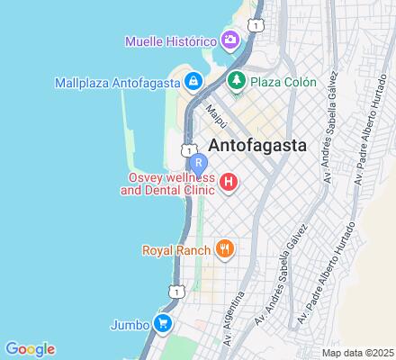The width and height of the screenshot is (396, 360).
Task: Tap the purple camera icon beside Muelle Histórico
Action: click(x=230, y=40)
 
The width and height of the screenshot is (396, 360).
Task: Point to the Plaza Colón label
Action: click(x=283, y=82)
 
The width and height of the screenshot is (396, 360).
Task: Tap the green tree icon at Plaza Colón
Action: click(x=237, y=82)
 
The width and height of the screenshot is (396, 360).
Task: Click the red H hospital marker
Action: click(x=229, y=184)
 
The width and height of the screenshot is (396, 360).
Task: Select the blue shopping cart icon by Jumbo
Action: click(x=163, y=322)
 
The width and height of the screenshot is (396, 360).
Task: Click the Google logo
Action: click(x=30, y=349)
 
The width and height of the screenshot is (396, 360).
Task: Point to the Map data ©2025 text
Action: click(x=357, y=352)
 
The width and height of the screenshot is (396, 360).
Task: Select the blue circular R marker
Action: click(x=199, y=164)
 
